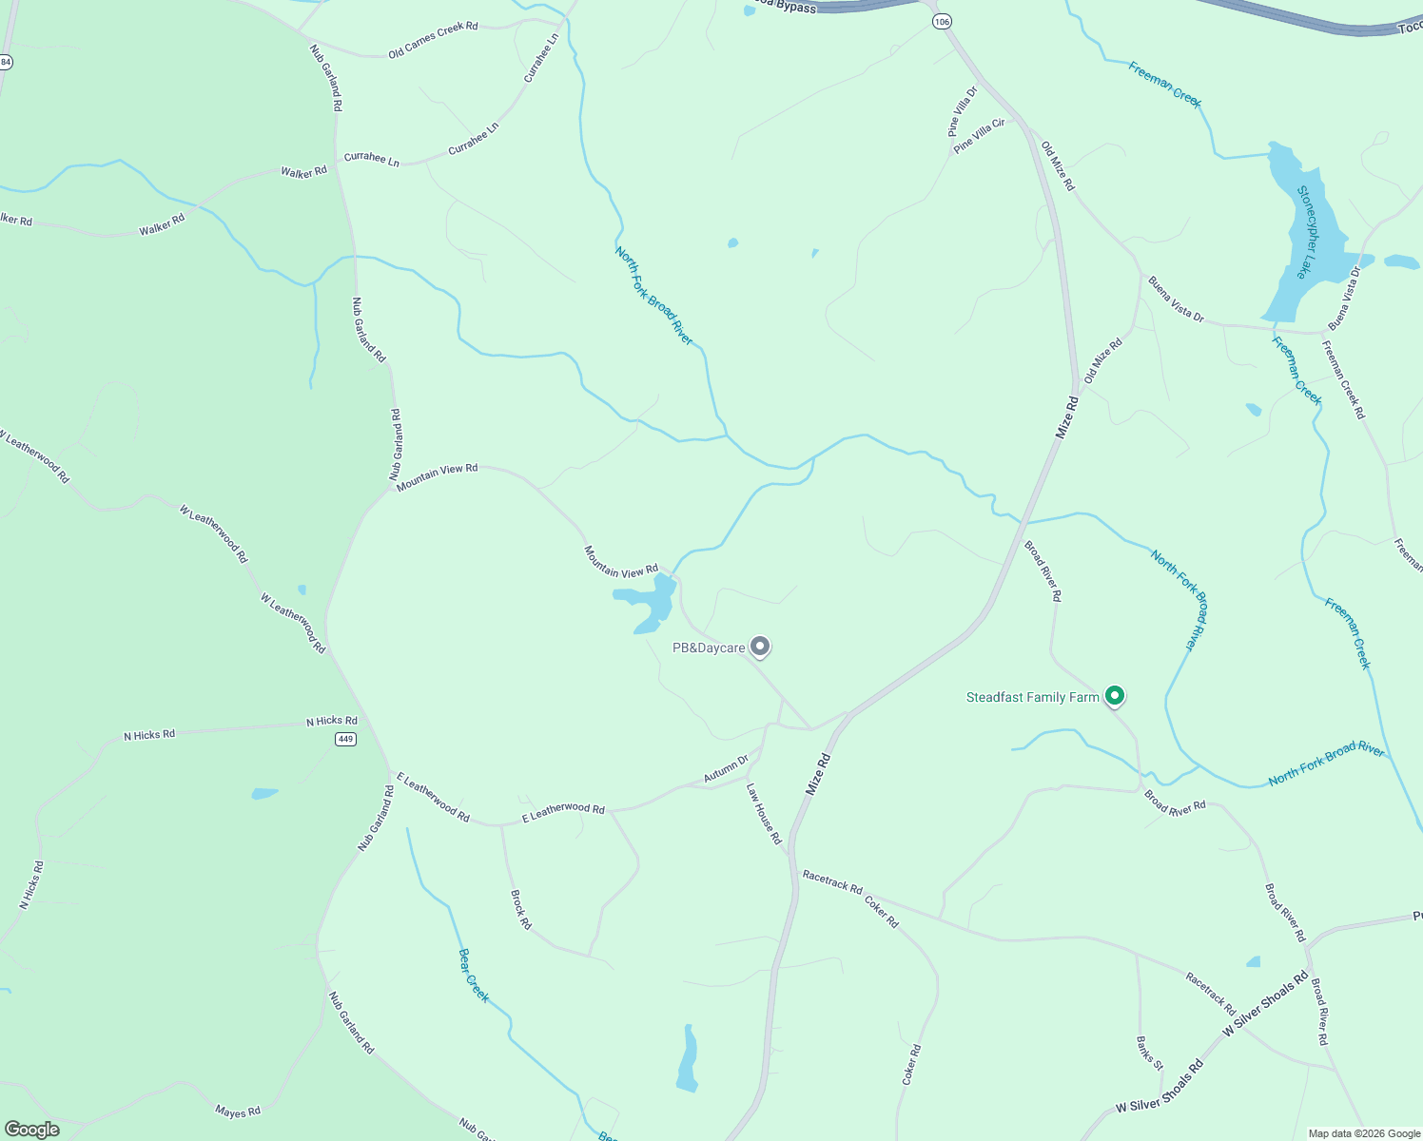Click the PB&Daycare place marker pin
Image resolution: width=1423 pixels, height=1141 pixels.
(x=760, y=647)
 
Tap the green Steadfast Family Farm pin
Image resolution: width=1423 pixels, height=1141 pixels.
(x=1116, y=696)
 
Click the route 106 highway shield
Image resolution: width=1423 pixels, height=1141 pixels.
(x=942, y=21)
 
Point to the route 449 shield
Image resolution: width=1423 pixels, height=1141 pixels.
(x=345, y=739)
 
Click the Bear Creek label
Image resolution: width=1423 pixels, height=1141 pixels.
(x=473, y=975)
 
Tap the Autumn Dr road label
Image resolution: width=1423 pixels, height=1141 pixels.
(x=726, y=769)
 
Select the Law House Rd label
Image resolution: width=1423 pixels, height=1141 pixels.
(x=764, y=814)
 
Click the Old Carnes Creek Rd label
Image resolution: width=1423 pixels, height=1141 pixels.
(x=433, y=40)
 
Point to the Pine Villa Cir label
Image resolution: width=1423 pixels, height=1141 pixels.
(x=979, y=136)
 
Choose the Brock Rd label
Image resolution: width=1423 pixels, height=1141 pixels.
(x=520, y=909)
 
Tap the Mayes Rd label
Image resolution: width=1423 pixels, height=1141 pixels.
(x=238, y=1111)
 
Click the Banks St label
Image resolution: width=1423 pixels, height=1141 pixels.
(x=1149, y=1053)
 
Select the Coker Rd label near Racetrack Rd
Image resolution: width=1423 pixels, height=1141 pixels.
(x=881, y=911)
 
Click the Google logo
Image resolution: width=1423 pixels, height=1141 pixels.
(x=31, y=1130)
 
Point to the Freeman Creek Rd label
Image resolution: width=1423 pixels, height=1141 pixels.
(x=1343, y=379)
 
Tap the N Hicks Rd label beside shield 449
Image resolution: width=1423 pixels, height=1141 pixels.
(x=331, y=721)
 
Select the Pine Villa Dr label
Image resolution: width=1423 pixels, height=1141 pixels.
(x=963, y=111)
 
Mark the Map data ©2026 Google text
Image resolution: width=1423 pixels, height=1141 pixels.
(x=1364, y=1133)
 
